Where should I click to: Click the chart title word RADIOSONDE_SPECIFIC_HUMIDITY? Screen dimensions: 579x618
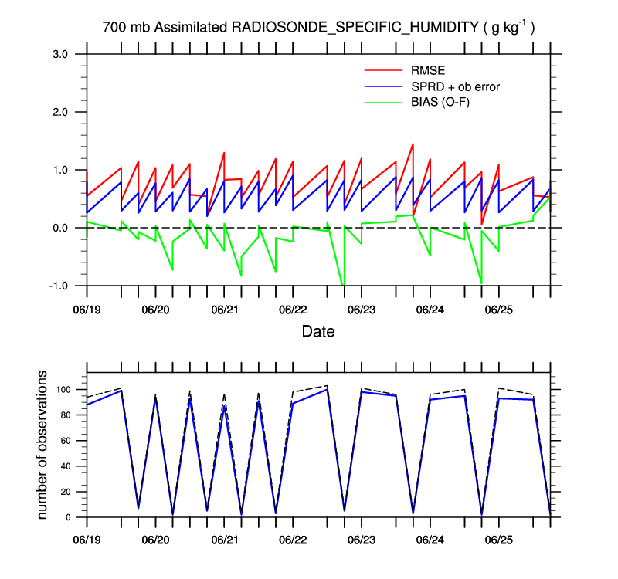pyautogui.click(x=355, y=27)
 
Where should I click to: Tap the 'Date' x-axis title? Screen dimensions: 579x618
pyautogui.click(x=318, y=332)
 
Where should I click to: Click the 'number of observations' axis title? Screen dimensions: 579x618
pyautogui.click(x=44, y=445)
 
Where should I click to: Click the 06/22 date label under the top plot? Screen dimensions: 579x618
pyautogui.click(x=292, y=309)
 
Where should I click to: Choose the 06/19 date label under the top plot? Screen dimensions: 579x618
pyautogui.click(x=87, y=309)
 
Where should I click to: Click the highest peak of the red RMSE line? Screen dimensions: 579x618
pyautogui.click(x=413, y=144)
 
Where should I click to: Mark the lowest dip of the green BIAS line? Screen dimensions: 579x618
pyautogui.click(x=343, y=285)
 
